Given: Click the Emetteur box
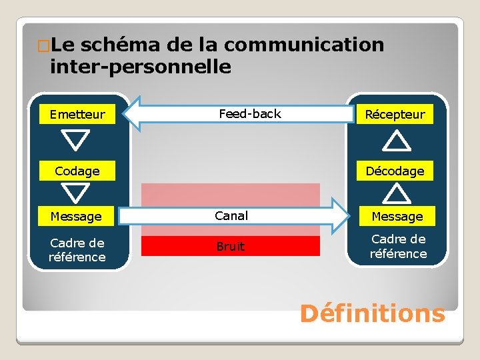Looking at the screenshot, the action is pos(77,114).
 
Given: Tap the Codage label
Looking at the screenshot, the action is pos(77,171).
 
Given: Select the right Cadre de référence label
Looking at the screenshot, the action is pos(399,246).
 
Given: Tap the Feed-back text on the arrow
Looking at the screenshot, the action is pos(250,114).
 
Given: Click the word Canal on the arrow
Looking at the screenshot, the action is pos(231,215).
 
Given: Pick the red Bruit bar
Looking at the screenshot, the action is pos(231,246).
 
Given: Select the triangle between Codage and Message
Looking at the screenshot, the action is pos(77,193).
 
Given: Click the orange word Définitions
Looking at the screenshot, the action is pos(372,313).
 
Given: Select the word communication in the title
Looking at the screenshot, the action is pos(304,45).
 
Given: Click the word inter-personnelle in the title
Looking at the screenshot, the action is pos(141,67).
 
